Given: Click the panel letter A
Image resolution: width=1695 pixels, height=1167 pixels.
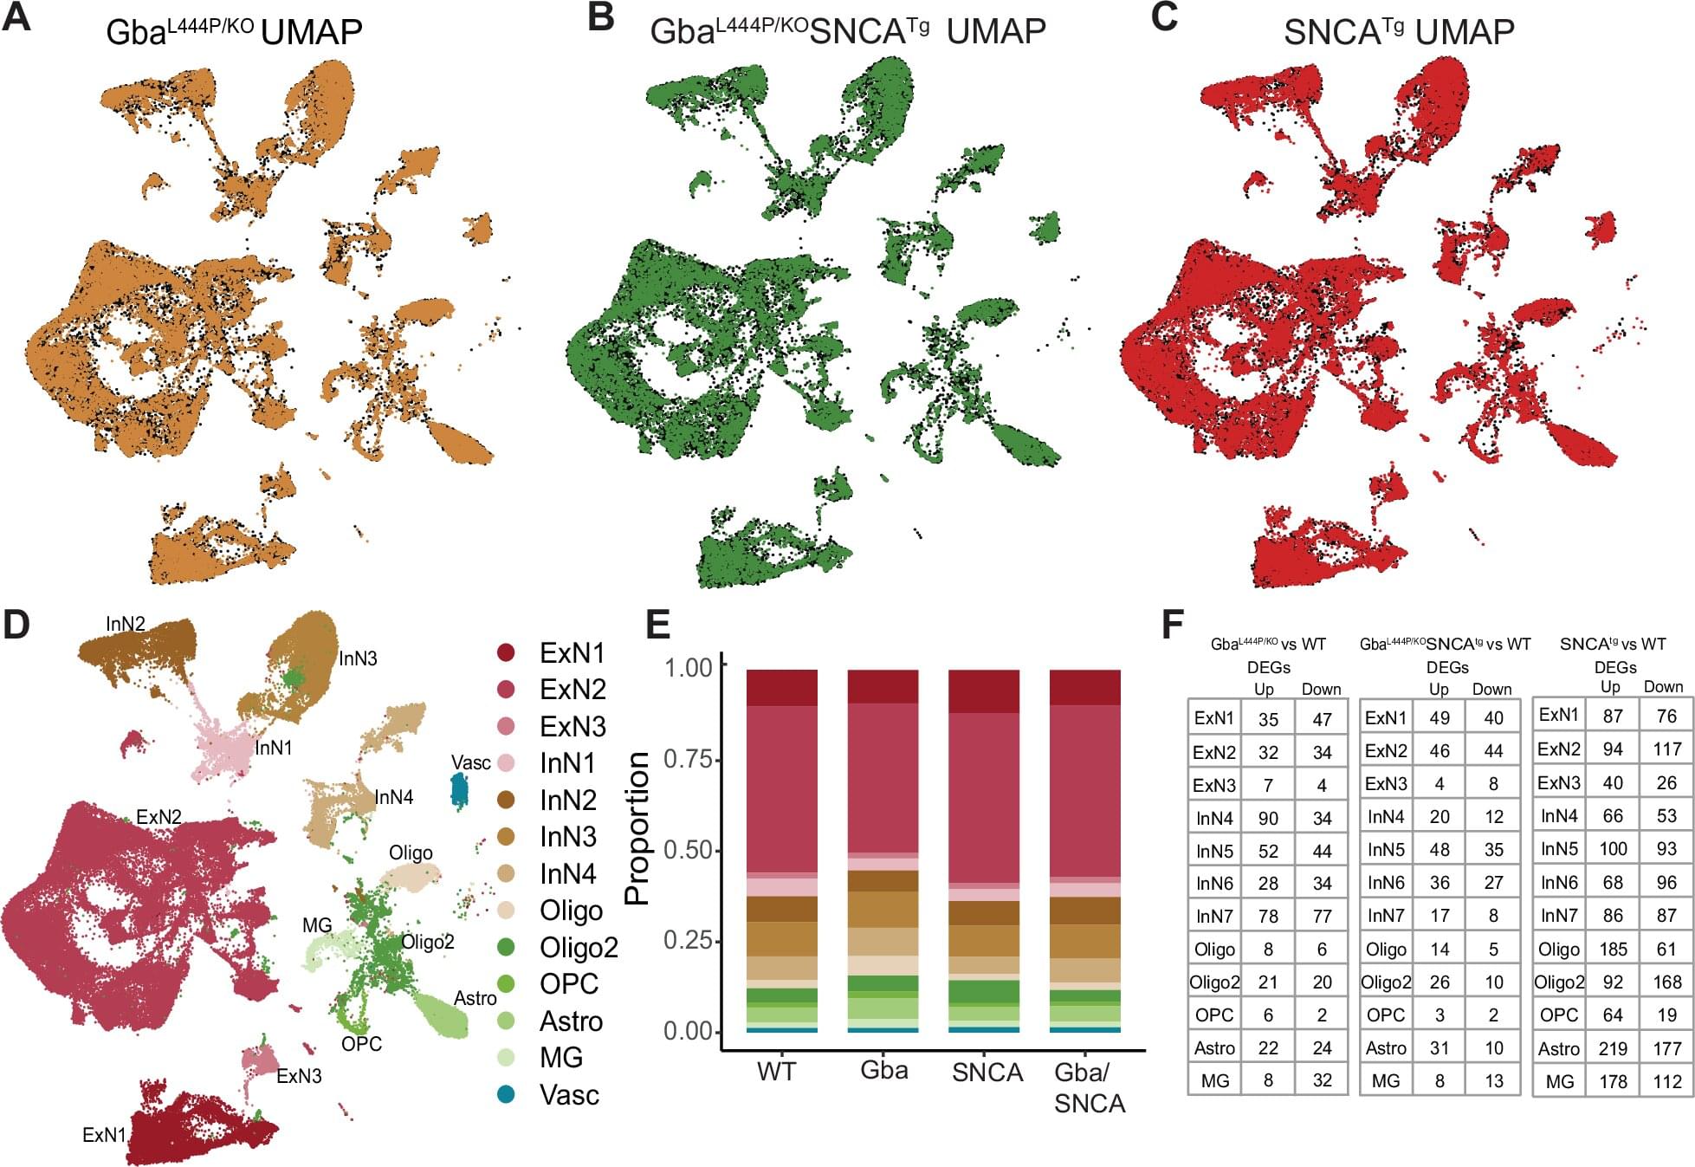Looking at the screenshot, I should click(17, 18).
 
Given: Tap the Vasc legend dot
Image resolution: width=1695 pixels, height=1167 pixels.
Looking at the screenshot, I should click(506, 1094).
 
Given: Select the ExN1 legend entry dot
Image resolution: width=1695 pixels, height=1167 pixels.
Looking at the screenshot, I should click(506, 652).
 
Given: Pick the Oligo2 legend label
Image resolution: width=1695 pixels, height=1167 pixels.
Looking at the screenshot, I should click(579, 948).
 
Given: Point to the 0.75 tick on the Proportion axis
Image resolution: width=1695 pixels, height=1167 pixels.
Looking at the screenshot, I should click(689, 759).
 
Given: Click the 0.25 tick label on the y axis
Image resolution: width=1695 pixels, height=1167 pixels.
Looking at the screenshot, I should click(689, 940).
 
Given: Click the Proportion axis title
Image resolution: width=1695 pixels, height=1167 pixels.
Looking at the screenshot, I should click(637, 828).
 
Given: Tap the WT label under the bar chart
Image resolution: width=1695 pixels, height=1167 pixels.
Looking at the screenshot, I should click(776, 1073).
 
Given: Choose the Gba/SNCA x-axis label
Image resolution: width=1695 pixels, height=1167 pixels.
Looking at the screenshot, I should click(1088, 1087).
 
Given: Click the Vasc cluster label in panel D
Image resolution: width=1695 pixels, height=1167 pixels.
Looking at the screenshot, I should click(470, 762).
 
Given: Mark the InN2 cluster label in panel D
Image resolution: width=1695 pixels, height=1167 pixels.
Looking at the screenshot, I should click(126, 624).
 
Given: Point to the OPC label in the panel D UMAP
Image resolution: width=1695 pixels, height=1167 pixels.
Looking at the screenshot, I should click(361, 1044).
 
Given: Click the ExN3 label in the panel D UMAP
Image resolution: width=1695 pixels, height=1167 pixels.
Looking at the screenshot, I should click(299, 1076).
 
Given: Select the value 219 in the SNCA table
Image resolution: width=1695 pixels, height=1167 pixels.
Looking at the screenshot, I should click(1613, 1048).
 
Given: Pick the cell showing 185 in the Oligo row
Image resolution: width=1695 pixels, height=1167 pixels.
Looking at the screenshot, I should click(1613, 949).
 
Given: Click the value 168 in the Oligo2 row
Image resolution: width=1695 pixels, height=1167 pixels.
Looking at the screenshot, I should click(1666, 982).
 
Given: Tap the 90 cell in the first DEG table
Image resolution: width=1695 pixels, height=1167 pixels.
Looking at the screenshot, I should click(1268, 818).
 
